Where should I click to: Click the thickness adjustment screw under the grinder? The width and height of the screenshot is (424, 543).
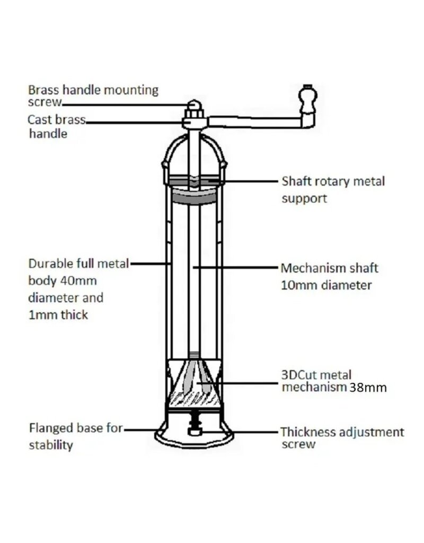pos(196,427)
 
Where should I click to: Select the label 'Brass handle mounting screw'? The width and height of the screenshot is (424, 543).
pos(93,95)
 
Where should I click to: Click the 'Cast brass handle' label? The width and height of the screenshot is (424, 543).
pos(56,126)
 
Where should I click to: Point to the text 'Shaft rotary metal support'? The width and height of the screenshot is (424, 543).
pos(332,189)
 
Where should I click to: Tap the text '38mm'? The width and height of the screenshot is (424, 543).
pos(368,388)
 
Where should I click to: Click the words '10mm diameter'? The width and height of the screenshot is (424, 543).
pos(325,285)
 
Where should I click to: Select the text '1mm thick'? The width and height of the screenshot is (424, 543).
pos(58,314)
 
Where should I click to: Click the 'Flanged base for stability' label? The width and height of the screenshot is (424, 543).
pos(75,436)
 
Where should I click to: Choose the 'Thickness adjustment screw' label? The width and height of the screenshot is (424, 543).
pos(342,437)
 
